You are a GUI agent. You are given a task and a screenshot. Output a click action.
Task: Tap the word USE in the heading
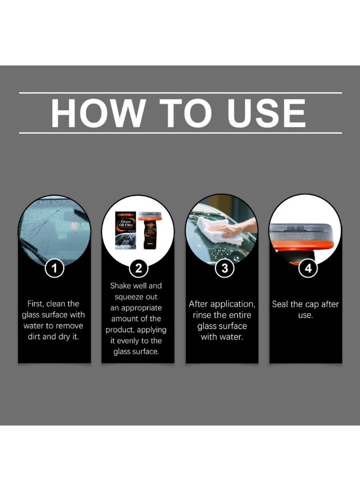(x=266, y=113)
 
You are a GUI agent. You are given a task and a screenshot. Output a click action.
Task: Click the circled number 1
(x=55, y=268)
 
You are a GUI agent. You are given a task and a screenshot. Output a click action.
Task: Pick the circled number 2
(x=139, y=268)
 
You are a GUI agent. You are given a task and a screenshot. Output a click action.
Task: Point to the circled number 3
(x=224, y=268)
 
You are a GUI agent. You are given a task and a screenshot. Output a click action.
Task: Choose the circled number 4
(x=308, y=268)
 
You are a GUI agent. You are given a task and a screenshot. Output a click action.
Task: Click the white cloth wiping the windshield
(x=219, y=231)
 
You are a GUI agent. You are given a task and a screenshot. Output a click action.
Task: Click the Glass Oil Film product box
(x=125, y=230)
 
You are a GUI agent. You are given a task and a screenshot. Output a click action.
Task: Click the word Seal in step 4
(x=280, y=304)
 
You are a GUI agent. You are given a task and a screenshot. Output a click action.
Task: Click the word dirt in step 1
(x=34, y=337)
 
